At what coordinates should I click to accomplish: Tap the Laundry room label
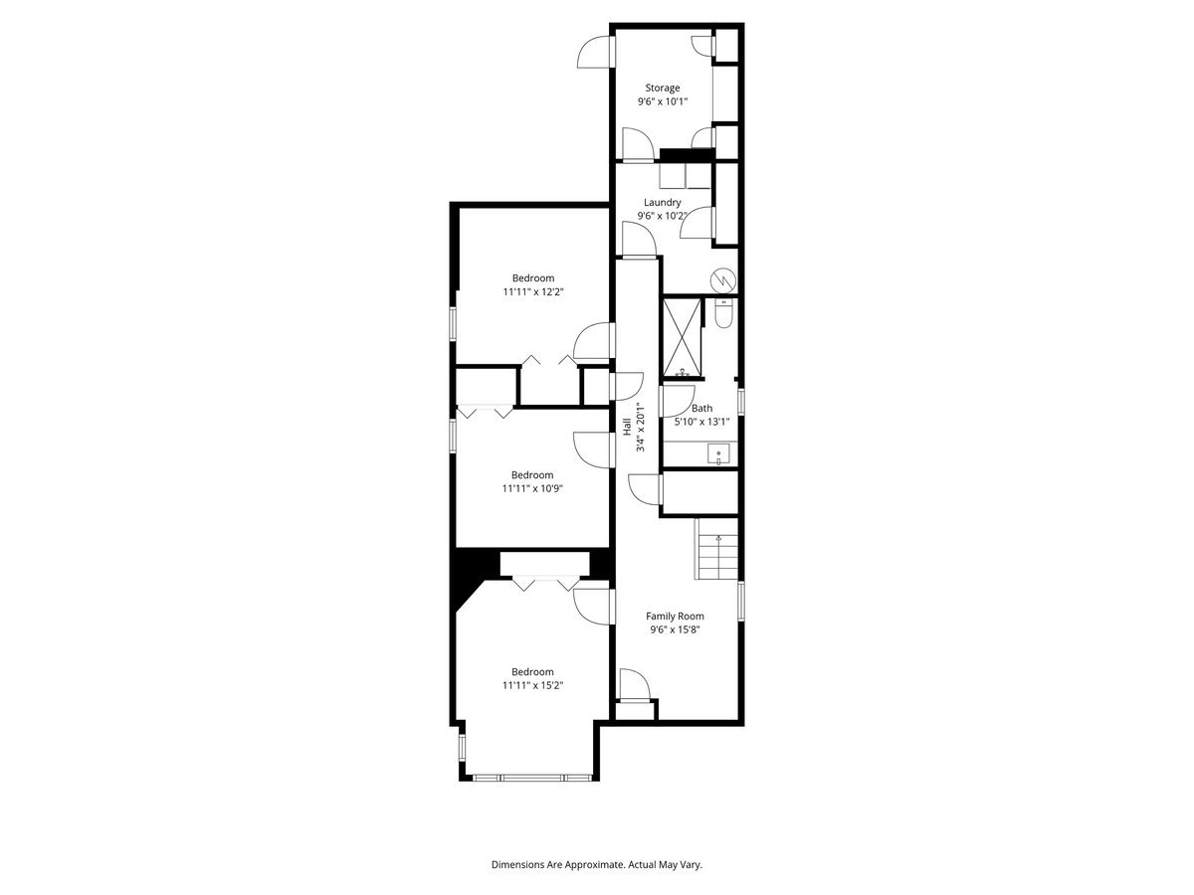pos(662,203)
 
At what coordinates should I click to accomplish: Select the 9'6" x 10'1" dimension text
pos(662,101)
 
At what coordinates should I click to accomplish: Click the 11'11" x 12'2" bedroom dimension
pos(532,292)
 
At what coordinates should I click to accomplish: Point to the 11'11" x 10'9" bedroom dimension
pos(532,488)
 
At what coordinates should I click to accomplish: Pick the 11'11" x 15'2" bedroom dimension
pos(532,685)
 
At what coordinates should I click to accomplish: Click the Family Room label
pos(675,616)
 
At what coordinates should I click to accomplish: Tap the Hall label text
pos(626,426)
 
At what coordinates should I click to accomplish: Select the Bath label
pos(701,408)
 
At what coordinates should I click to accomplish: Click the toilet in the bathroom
pos(724,313)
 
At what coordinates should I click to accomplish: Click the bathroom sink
pos(718,454)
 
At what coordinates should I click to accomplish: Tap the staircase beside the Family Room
pos(716,553)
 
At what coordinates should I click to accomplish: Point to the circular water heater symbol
pos(723,279)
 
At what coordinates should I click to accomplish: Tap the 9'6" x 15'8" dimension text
pos(675,629)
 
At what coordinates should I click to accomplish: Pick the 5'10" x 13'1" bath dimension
pos(701,422)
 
